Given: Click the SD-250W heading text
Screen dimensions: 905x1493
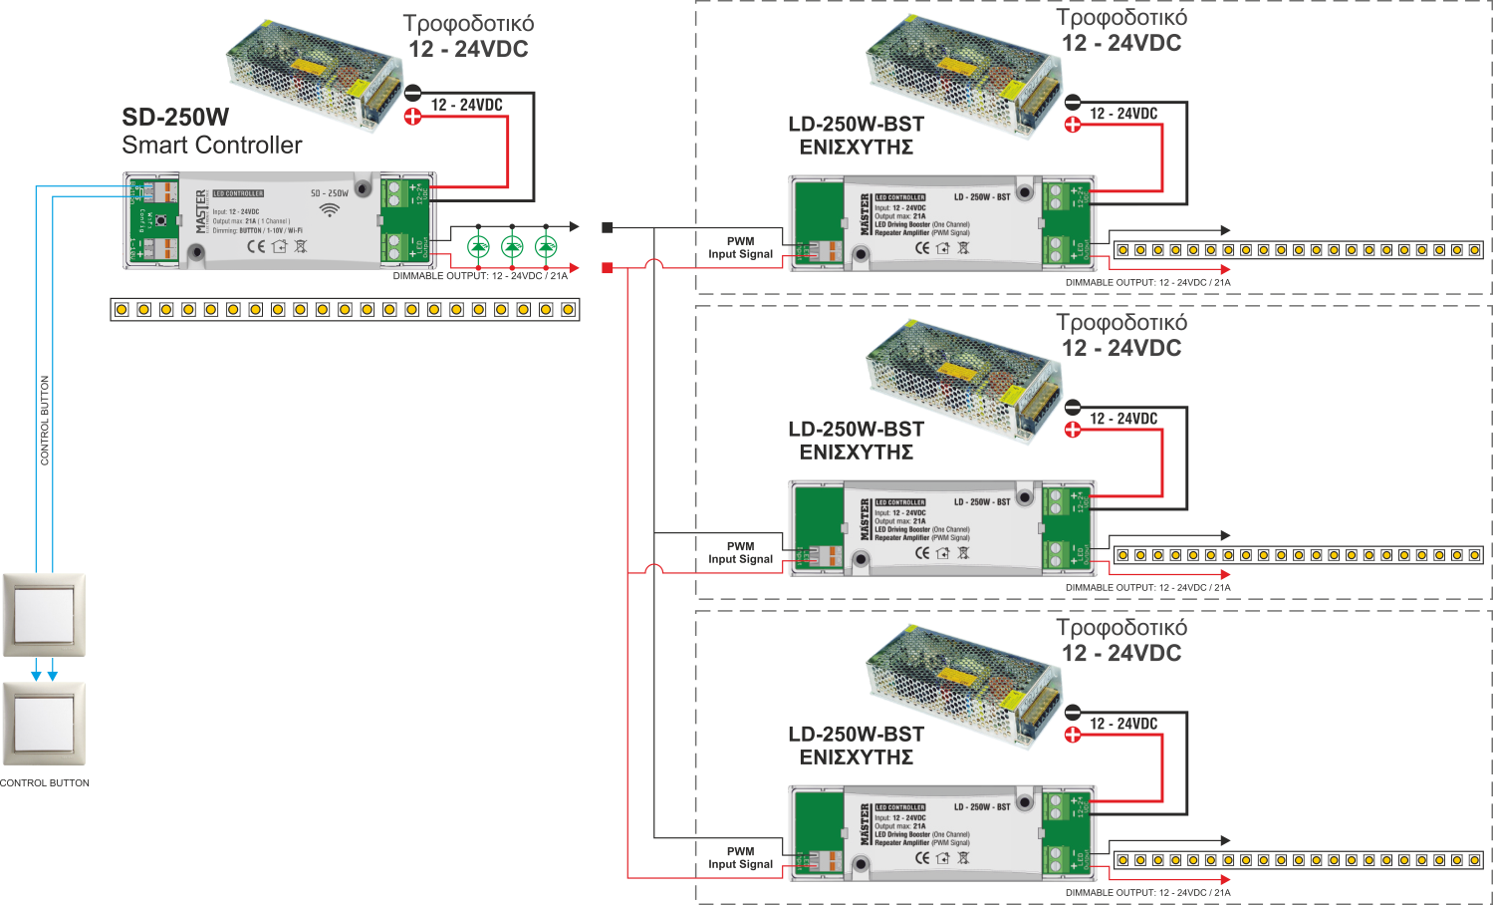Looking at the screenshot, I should [x=175, y=118].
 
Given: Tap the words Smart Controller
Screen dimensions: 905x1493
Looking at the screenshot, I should [x=211, y=146].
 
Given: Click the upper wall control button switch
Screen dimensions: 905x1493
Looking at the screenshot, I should [x=44, y=614].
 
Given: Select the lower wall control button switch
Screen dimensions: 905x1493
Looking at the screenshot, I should [x=44, y=724].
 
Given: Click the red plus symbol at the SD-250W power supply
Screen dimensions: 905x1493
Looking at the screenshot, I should [x=412, y=117].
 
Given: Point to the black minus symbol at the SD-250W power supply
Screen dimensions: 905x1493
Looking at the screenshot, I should [x=412, y=94].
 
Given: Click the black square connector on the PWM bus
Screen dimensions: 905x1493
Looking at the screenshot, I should [x=608, y=228].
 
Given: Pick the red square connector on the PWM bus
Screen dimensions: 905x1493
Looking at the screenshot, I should [x=608, y=268].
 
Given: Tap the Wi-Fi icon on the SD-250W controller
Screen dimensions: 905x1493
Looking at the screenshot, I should [x=329, y=210].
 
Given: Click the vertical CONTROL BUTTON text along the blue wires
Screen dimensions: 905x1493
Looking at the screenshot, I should [x=45, y=420].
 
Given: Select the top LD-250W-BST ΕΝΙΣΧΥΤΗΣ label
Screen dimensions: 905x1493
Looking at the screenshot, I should [x=856, y=136].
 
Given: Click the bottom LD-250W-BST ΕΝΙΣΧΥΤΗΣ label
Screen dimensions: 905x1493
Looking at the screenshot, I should [x=856, y=746].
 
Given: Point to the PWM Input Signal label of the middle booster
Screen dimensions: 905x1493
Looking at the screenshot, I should [x=740, y=553].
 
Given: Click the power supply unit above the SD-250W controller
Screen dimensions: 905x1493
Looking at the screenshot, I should [x=312, y=75].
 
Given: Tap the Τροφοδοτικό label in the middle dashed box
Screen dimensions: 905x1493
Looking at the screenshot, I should [x=1121, y=323].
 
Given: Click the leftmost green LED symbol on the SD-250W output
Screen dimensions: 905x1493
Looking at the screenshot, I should [x=479, y=246].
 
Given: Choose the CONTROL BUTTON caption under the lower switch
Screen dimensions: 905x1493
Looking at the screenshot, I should [x=45, y=783].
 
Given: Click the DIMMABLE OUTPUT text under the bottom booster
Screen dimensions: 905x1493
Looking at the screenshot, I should [x=1147, y=893].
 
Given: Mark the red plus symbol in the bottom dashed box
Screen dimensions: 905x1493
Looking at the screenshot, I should [x=1073, y=736].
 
